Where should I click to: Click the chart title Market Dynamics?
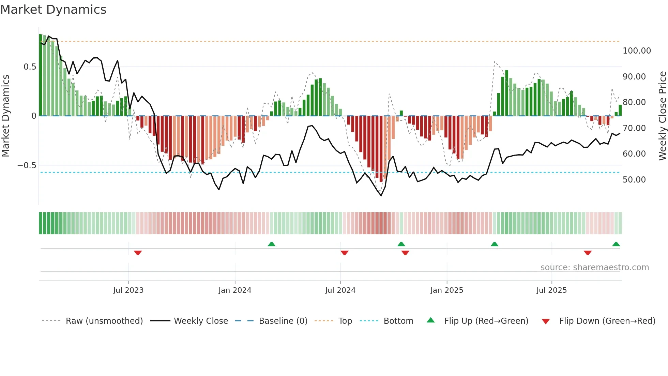[x=54, y=10]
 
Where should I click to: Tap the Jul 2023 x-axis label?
[x=128, y=290]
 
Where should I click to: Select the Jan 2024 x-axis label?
[x=235, y=290]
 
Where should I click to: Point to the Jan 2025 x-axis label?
[x=446, y=290]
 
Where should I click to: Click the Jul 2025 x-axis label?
[x=551, y=290]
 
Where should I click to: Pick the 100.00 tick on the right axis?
[x=637, y=51]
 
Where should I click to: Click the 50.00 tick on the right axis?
[x=634, y=180]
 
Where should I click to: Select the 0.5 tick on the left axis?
[x=30, y=67]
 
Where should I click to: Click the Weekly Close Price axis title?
[x=662, y=116]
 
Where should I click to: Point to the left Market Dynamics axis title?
[x=5, y=116]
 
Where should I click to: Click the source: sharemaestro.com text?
[x=594, y=267]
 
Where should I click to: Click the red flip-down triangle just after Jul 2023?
[x=138, y=253]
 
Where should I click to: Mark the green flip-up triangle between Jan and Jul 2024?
[x=272, y=244]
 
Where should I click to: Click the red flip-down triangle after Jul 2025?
[x=588, y=253]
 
